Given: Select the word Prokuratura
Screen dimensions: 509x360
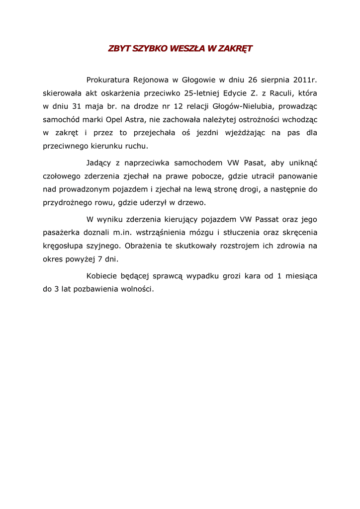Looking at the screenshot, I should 107,80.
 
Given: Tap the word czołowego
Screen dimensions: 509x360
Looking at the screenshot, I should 62,176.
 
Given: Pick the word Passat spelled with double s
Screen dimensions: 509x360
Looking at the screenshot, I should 267,219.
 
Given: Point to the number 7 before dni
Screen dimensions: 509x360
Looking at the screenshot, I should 101,259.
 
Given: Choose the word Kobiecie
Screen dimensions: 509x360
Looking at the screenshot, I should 102,276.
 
